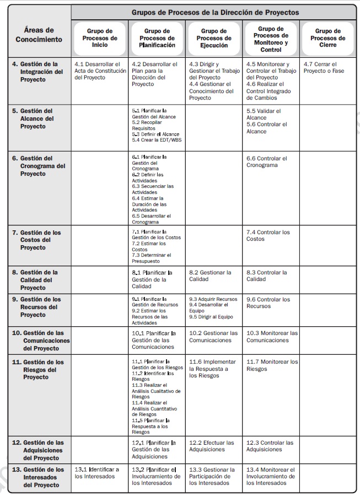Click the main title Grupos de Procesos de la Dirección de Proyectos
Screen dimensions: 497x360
[215, 12]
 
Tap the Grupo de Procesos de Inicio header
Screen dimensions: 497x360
[100, 39]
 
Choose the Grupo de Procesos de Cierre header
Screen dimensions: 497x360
[327, 39]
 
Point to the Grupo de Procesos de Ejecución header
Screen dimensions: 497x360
[214, 39]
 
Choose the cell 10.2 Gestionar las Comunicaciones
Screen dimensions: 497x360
[213, 337]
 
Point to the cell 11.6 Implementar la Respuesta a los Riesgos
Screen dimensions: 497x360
[212, 369]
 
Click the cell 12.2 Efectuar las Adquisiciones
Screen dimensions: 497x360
[212, 446]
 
